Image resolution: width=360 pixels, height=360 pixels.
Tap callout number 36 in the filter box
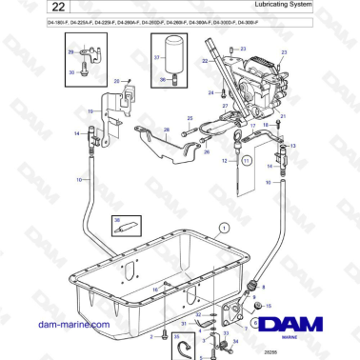click(162, 81)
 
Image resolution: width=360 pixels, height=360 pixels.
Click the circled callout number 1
click(224, 228)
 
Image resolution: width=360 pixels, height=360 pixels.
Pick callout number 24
click(210, 93)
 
